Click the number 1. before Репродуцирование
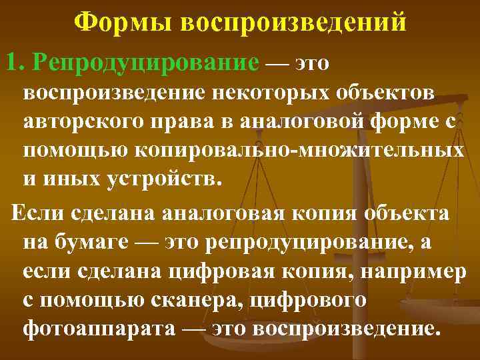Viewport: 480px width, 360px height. coord(16,62)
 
